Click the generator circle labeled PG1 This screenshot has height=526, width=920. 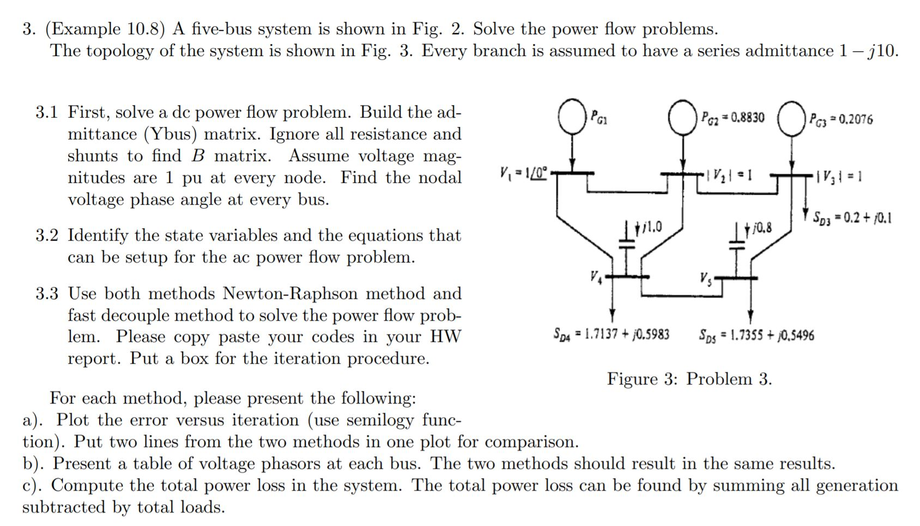571,117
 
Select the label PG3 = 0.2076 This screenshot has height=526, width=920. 840,119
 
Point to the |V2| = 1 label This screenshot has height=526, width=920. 727,175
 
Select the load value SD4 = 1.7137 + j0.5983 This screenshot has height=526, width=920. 611,333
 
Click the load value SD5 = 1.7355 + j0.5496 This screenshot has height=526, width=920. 756,335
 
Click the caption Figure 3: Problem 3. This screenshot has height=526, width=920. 689,378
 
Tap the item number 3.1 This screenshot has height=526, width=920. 47,113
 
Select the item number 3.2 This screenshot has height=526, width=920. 47,236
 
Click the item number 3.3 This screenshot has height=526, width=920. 47,294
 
